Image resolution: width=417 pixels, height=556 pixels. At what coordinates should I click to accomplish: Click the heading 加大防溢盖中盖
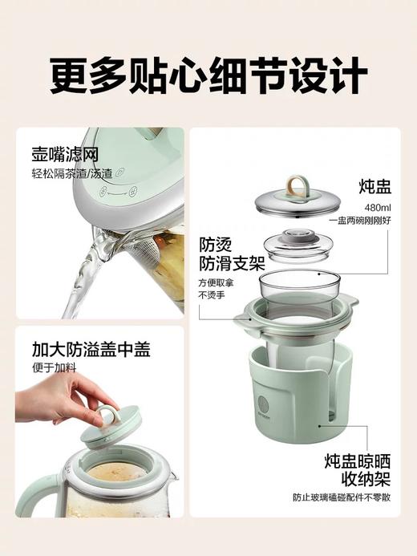coord(91,350)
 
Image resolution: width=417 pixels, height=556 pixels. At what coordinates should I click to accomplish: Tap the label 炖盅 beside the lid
coord(375,187)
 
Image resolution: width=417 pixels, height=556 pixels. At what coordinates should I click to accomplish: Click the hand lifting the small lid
coord(68,397)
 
